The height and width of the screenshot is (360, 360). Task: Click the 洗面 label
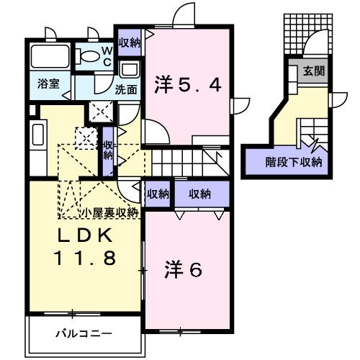click(127, 91)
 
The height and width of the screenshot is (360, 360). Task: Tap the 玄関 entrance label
click(313, 72)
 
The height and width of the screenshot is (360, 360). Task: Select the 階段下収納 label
click(293, 162)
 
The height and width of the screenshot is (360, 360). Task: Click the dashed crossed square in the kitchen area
click(86, 136)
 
